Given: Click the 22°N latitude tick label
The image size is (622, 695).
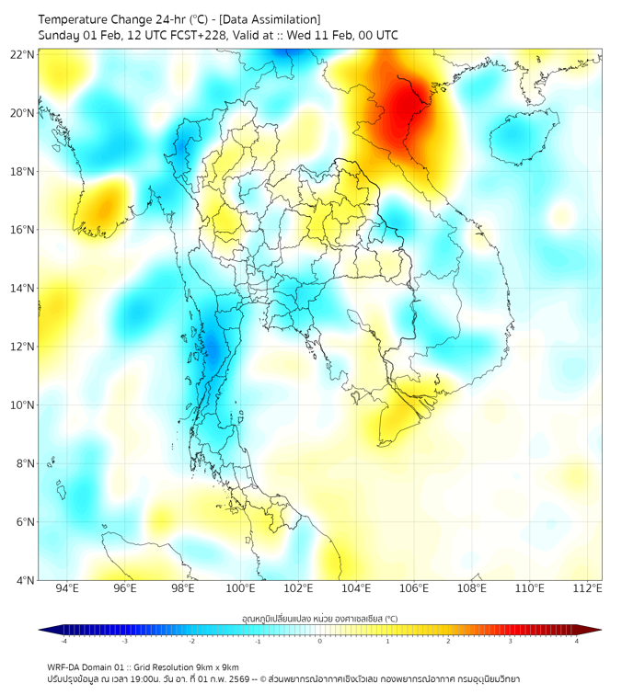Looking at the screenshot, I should click(23, 54).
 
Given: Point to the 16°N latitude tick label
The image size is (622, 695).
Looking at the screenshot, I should click(23, 230).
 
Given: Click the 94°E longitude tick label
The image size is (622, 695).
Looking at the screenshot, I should click(67, 588).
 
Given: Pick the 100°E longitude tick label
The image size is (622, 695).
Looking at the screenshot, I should click(240, 588).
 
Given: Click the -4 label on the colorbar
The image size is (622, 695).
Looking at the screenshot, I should click(63, 640).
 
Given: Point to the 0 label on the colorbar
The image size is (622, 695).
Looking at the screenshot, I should click(320, 640).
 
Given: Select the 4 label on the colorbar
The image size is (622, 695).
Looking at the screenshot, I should click(576, 640).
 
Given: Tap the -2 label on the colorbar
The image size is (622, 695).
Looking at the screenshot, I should click(191, 640).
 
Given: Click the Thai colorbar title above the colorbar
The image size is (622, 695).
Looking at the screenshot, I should click(319, 619).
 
